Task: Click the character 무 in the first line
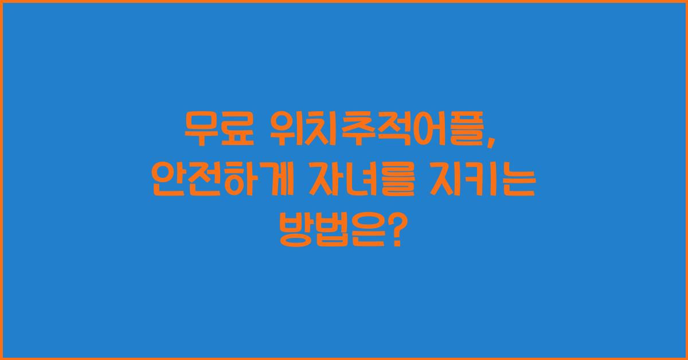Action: [200, 130]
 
